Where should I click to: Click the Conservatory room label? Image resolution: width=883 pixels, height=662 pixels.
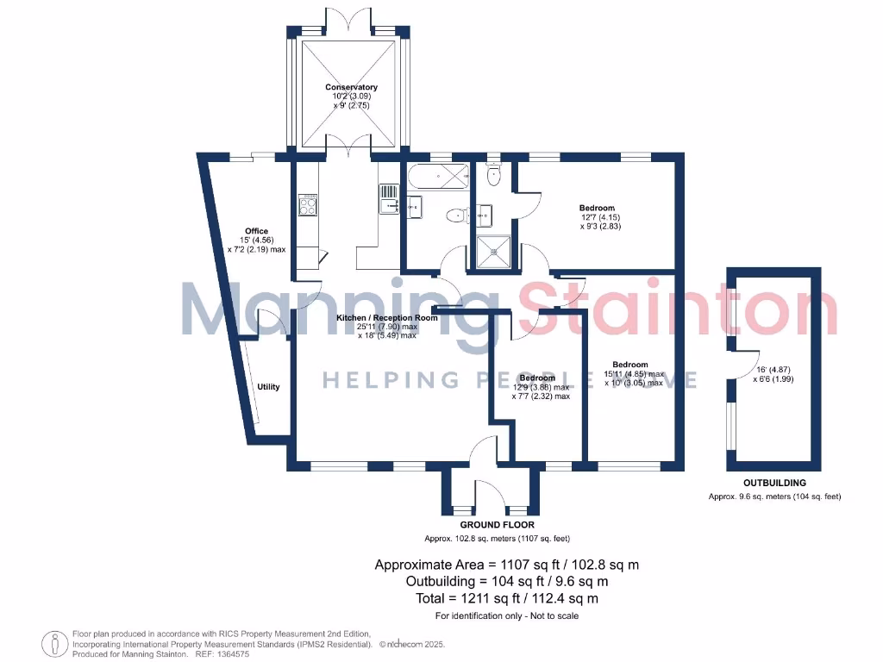pos(351,87)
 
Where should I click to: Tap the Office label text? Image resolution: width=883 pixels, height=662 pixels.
pos(256,231)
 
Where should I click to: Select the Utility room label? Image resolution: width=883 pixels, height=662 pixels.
pos(268,387)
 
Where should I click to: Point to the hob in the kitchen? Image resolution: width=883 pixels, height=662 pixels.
pos(308,204)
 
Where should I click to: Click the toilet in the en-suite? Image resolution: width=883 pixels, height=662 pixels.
pos(493,176)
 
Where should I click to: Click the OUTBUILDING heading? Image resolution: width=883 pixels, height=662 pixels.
pos(774,484)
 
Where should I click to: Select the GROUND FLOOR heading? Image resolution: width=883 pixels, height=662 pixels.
pos(497,525)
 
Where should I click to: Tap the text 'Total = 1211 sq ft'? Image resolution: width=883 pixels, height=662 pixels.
pos(484,598)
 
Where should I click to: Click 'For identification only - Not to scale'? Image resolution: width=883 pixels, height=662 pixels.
pos(506,615)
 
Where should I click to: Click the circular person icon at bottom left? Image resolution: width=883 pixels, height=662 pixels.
pos(56,643)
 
